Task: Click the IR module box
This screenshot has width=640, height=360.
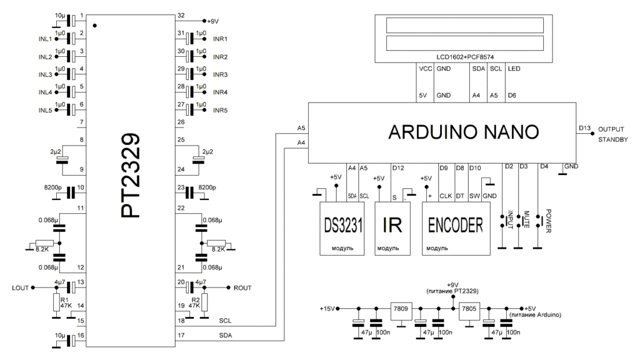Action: pyautogui.click(x=391, y=226)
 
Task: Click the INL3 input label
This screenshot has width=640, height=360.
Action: pyautogui.click(x=45, y=75)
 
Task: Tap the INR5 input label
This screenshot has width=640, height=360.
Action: pyautogui.click(x=221, y=111)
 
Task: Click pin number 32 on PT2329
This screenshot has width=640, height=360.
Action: pyautogui.click(x=181, y=15)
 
